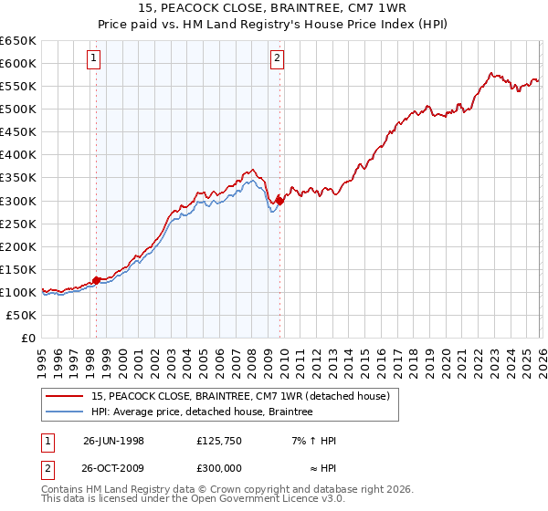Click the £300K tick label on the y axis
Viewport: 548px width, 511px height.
point(18,201)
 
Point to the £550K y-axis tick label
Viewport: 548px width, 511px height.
point(18,87)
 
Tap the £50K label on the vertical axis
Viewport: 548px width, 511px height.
point(22,315)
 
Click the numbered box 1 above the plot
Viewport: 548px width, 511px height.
point(96,58)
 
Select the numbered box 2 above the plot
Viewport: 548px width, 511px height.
point(277,58)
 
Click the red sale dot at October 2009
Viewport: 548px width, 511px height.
point(279,201)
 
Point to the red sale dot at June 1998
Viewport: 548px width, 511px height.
point(97,280)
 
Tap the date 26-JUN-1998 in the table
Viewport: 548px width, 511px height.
point(113,441)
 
